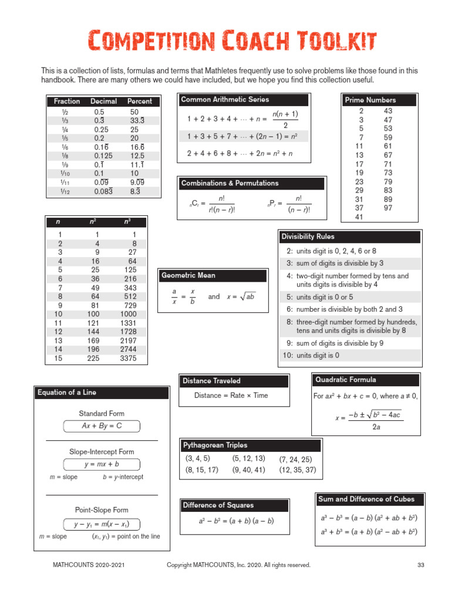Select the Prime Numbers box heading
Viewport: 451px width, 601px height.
[x=370, y=100]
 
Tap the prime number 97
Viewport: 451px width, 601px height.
[x=388, y=208]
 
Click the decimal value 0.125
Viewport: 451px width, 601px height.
[x=103, y=156]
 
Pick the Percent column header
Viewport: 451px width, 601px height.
[x=140, y=101]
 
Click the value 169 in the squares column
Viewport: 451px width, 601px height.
[x=94, y=340]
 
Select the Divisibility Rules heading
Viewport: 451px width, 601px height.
[x=308, y=237]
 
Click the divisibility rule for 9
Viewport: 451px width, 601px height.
[x=335, y=343]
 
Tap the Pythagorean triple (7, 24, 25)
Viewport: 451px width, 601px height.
[x=295, y=459]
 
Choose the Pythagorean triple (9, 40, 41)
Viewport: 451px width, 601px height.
[x=248, y=470]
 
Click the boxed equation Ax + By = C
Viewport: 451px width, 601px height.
[x=102, y=426]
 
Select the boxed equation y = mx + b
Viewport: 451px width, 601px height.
[x=102, y=464]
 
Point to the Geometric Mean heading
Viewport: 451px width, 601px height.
[x=189, y=275]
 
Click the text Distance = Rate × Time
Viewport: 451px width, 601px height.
[x=231, y=396]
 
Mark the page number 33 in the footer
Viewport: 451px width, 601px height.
[x=420, y=565]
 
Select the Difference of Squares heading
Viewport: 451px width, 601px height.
[x=218, y=505]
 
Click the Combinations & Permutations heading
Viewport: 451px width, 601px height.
[x=230, y=183]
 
